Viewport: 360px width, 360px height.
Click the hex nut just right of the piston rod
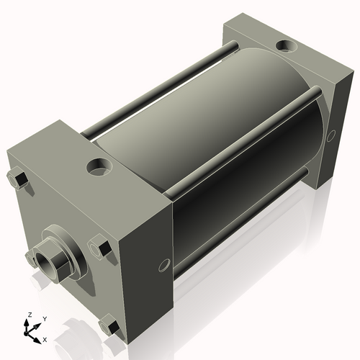tap(100, 248)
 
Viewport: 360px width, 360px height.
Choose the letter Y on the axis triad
tap(44, 318)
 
